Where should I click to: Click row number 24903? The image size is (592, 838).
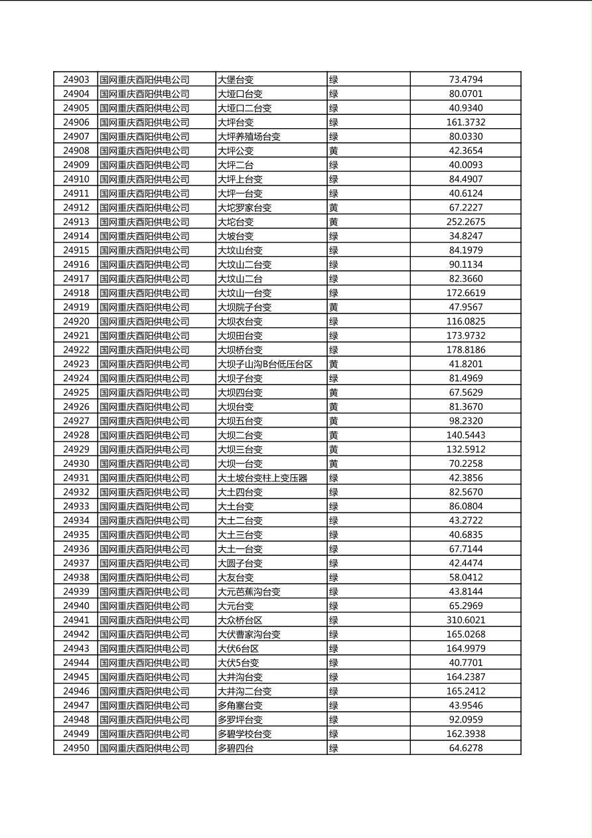click(x=76, y=80)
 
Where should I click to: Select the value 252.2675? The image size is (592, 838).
click(x=465, y=222)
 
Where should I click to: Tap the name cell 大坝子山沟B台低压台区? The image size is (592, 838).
click(x=265, y=364)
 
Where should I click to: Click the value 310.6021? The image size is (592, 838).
click(x=465, y=620)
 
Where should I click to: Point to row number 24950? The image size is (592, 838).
click(x=76, y=748)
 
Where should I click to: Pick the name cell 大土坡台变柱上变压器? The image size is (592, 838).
click(x=262, y=478)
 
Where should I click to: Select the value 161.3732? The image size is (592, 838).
click(x=465, y=122)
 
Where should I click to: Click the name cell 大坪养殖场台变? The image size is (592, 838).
click(x=249, y=137)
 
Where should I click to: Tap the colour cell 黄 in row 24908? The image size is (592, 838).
click(x=334, y=151)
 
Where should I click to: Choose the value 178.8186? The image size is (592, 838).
click(x=465, y=350)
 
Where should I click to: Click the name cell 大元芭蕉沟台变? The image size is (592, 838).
click(x=249, y=592)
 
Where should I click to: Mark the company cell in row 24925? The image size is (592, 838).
click(x=144, y=392)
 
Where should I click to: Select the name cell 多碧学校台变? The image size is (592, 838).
click(x=244, y=734)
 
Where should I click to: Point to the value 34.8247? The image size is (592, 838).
click(x=465, y=236)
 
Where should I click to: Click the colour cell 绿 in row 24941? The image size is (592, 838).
click(x=334, y=620)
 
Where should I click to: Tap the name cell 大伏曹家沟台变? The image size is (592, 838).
click(x=249, y=634)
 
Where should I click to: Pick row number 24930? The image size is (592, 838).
click(x=76, y=463)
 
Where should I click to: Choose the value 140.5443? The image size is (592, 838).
click(x=465, y=435)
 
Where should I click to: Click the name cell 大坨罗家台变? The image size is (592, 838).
click(x=244, y=208)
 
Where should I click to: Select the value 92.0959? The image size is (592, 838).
click(x=465, y=720)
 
